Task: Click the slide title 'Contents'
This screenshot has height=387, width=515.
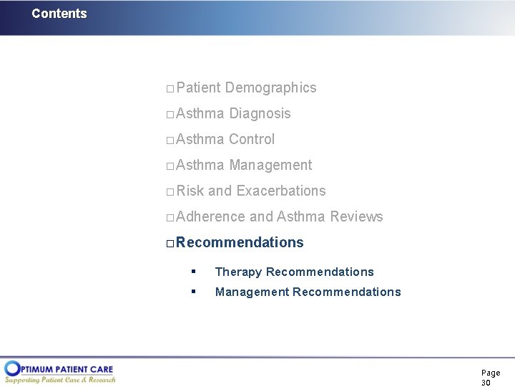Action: coord(59,14)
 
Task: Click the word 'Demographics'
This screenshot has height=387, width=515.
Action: coord(270,88)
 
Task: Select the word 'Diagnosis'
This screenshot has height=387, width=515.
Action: coord(260,114)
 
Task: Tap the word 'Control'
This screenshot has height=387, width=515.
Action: coord(252,140)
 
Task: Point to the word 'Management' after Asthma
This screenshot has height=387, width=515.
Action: coord(270,166)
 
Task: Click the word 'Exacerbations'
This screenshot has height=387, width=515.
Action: coord(280,191)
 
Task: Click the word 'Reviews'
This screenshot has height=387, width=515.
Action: coord(356,217)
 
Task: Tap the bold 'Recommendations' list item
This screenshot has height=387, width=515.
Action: coord(240,243)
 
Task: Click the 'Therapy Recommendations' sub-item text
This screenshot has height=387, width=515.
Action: coord(294,272)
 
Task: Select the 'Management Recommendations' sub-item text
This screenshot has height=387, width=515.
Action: coord(308,292)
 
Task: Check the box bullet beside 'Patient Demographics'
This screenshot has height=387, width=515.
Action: coord(170,89)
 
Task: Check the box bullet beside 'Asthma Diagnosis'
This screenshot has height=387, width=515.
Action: coord(170,115)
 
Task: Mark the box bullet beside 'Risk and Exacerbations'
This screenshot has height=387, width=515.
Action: coord(170,192)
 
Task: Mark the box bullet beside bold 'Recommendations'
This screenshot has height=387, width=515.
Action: coord(170,244)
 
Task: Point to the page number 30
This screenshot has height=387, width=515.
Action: coord(486,383)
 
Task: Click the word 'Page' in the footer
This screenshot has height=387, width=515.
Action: coord(491,373)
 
